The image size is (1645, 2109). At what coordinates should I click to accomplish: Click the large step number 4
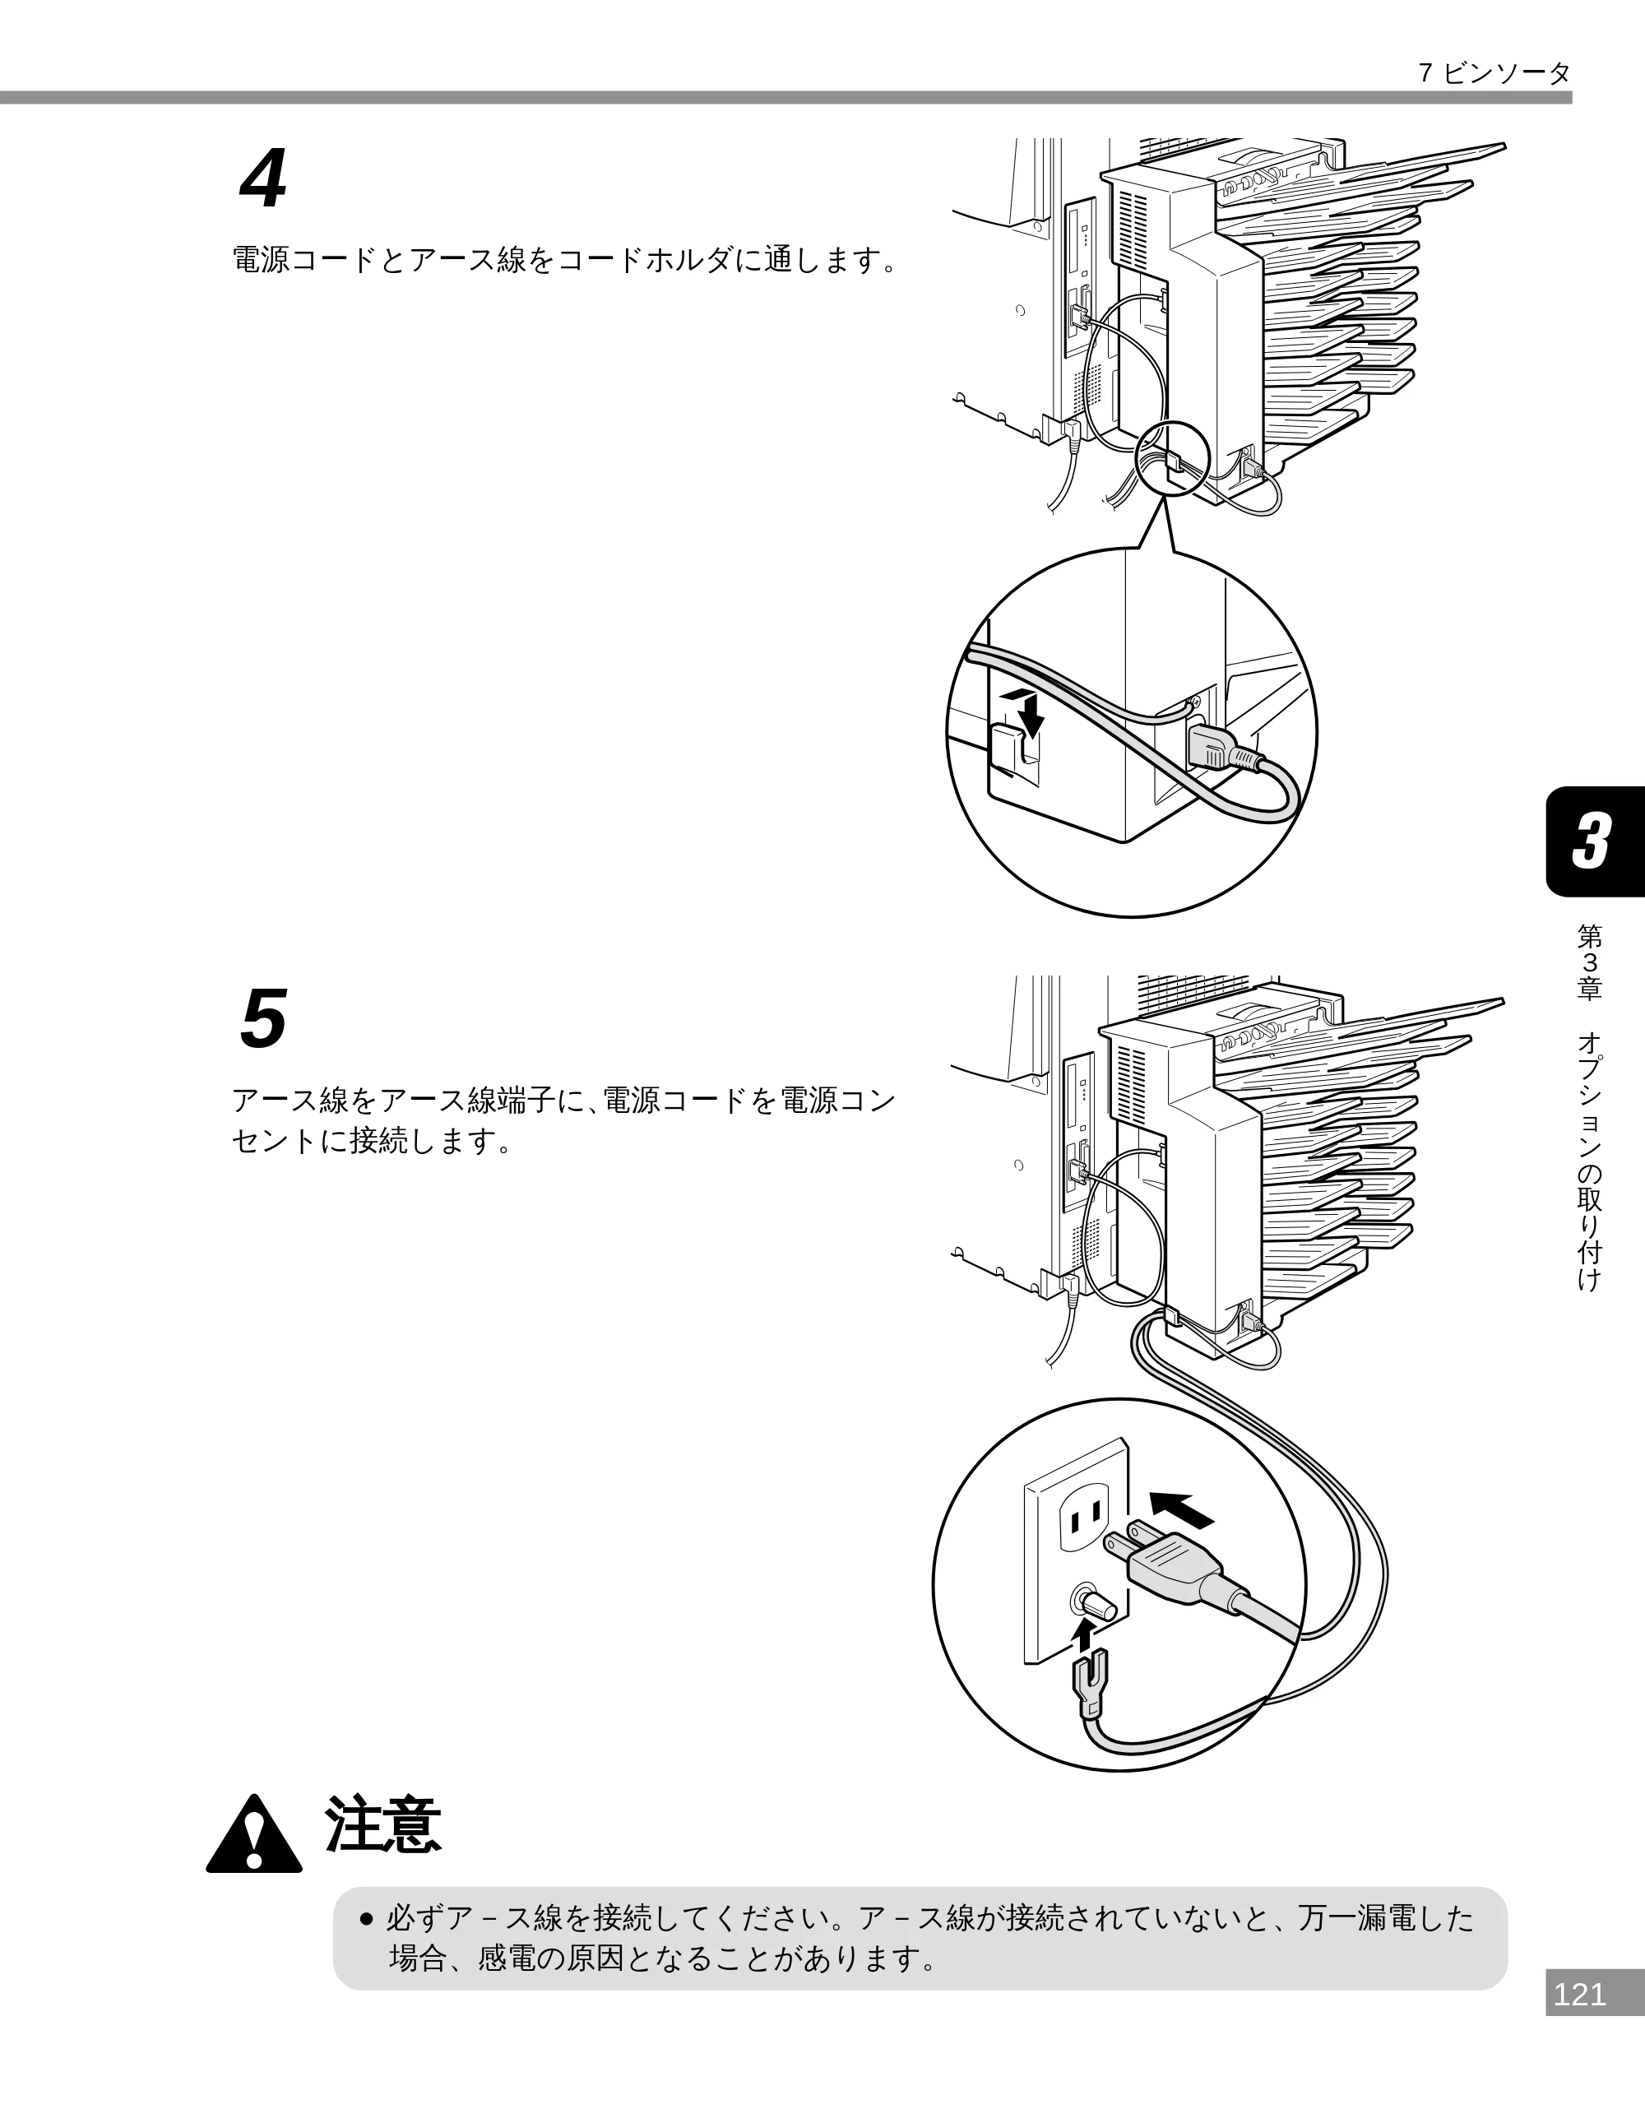pyautogui.click(x=263, y=179)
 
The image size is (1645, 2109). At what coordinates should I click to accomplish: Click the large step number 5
pyautogui.click(x=263, y=1019)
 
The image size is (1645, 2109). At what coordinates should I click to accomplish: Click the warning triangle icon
pyautogui.click(x=254, y=1833)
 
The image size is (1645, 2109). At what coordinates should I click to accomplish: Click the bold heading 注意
pyautogui.click(x=383, y=1825)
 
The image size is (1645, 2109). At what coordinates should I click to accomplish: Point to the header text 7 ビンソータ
pyautogui.click(x=1494, y=73)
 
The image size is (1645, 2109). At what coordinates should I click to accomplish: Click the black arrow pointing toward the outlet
pyautogui.click(x=1180, y=1509)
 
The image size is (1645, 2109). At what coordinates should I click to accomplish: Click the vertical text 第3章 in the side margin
pyautogui.click(x=1589, y=961)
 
